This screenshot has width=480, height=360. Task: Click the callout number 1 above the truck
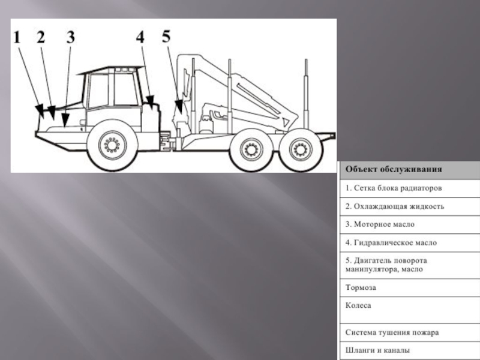17,37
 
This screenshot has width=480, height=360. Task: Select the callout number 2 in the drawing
41,37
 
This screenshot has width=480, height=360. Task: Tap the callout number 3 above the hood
71,37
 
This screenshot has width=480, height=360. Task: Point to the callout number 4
140,37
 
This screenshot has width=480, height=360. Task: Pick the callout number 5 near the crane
166,37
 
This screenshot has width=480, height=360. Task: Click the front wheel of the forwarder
112,145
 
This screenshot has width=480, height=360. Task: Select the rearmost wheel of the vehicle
301,149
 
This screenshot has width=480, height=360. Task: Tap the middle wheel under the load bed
251,150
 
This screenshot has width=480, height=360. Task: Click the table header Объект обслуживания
394,169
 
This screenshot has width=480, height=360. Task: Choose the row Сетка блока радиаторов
394,188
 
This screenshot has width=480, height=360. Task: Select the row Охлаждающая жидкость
395,206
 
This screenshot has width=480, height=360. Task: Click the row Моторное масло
380,224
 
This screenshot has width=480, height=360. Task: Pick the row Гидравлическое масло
391,243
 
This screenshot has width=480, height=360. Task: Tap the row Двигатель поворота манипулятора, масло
386,265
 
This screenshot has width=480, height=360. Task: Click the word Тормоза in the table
361,287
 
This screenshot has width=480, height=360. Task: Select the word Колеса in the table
358,305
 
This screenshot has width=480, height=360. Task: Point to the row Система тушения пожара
392,332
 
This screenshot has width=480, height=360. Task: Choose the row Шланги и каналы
377,350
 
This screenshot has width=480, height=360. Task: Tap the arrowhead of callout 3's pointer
65,120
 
